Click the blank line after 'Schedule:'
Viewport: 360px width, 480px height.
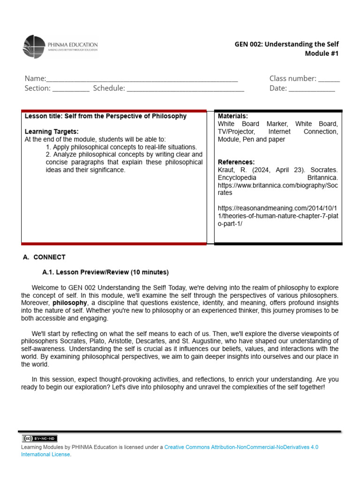(185, 89)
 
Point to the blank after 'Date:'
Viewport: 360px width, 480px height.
(312, 89)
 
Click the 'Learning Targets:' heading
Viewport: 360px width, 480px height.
(52, 132)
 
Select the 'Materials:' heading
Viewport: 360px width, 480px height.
(233, 116)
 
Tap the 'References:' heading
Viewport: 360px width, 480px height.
(236, 162)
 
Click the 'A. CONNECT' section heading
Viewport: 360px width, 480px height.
(45, 257)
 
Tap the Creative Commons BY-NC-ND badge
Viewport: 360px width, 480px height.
(40, 438)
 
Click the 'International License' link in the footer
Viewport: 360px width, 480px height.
(45, 455)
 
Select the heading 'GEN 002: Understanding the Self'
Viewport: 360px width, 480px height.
(286, 44)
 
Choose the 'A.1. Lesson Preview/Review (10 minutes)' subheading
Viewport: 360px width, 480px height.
(105, 272)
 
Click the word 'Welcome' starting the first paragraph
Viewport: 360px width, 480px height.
(45, 287)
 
